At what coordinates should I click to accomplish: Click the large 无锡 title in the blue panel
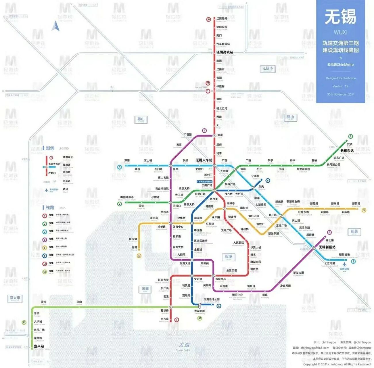[340, 17]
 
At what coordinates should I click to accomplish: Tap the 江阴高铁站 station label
[225, 52]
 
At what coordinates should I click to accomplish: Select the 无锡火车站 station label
[204, 160]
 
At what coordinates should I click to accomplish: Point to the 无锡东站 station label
[347, 151]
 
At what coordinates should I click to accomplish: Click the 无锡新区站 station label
[327, 247]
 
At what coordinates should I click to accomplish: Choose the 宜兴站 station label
[39, 346]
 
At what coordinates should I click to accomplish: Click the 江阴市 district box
[267, 69]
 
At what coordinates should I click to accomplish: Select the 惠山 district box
[141, 119]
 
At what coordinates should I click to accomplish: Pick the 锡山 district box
[290, 117]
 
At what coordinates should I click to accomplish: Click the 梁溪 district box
[229, 257]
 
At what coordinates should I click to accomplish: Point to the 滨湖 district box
[145, 289]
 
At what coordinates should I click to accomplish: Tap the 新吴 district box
[354, 231]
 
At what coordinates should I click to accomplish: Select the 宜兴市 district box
[15, 298]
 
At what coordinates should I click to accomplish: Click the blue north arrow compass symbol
[55, 26]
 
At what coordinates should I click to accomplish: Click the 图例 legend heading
[50, 148]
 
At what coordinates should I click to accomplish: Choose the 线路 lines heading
[50, 208]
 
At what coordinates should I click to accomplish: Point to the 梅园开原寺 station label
[127, 197]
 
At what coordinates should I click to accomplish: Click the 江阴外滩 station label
[222, 19]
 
